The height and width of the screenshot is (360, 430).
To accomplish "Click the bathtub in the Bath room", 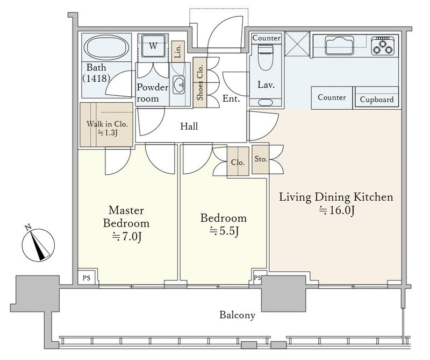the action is point(106,46).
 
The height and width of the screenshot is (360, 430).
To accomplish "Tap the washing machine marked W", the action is point(153,46).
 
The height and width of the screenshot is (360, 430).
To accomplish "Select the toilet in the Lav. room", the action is point(266,57).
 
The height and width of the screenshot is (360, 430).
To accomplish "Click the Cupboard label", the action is point(377,100).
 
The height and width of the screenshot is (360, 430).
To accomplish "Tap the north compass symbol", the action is point(38,244).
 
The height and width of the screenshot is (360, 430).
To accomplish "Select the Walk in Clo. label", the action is point(107,124).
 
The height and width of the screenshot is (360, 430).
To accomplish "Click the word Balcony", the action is point(237,315).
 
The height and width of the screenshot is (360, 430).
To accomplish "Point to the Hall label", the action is point(189,126).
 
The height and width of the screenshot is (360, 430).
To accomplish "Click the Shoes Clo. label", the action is point(200,82).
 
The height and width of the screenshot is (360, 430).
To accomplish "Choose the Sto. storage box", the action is point(260,159).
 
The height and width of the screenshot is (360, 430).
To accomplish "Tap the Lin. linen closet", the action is point(178,51).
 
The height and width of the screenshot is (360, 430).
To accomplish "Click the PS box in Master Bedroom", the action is point(87,278).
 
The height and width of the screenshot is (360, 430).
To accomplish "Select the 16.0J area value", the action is point(337,210).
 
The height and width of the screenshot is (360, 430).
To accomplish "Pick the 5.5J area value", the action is point(224,231).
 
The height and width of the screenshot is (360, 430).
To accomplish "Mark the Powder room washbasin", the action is point(179,84).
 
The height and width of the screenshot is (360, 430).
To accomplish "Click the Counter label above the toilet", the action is point(266,38).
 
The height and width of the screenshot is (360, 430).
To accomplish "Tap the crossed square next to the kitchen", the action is point(297,44).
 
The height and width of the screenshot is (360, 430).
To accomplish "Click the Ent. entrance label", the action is point(231,98).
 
